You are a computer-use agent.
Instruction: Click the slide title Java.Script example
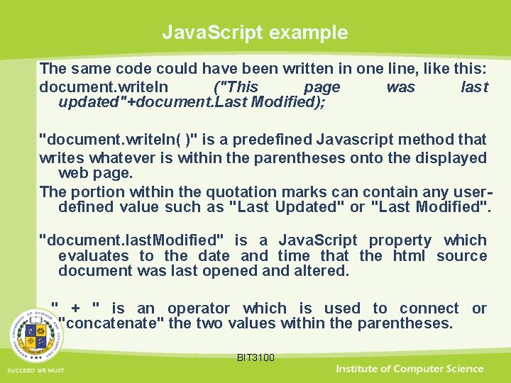click(255, 33)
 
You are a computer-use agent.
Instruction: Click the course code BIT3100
click(255, 357)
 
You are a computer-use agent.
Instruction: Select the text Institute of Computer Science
click(410, 369)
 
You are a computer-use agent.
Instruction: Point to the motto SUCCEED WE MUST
click(36, 371)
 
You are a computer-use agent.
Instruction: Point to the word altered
click(324, 270)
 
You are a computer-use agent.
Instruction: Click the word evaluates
click(93, 255)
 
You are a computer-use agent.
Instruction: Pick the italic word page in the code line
click(322, 87)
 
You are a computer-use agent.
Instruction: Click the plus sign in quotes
click(76, 308)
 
